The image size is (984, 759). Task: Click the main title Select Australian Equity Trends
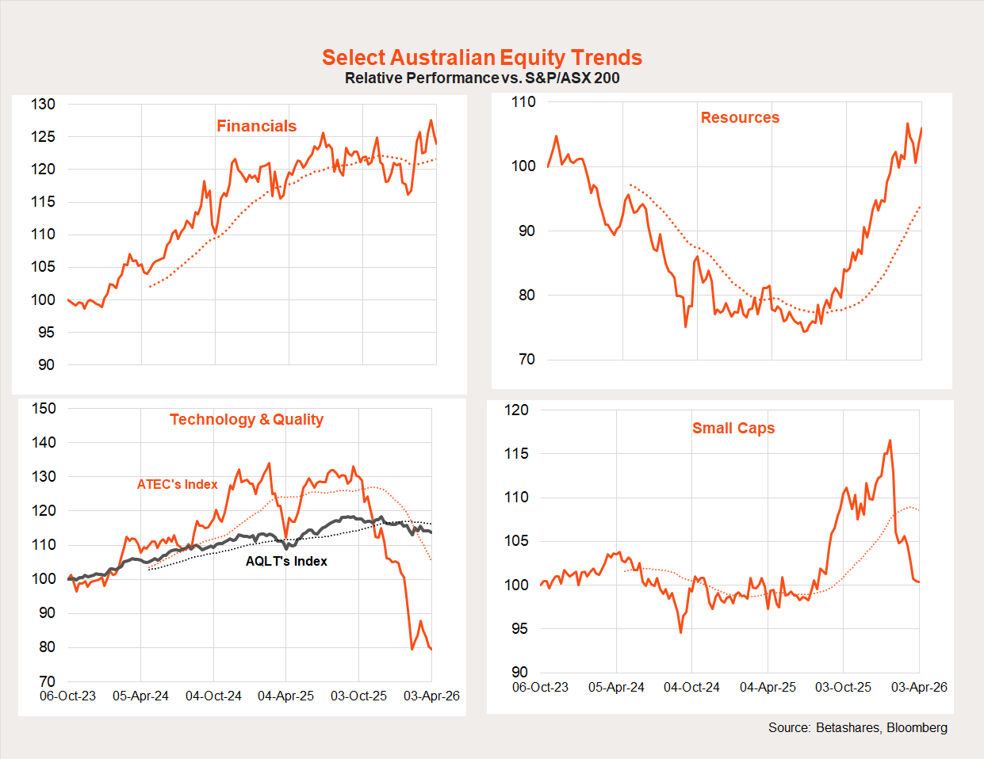(482, 58)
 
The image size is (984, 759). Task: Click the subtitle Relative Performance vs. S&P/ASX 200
(482, 78)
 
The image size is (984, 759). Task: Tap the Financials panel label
(256, 126)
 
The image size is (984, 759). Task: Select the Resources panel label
(740, 117)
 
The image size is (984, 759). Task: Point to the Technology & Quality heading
(247, 419)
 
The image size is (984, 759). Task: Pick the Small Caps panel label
(733, 428)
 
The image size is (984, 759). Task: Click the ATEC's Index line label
(177, 484)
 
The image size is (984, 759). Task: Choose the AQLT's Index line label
(286, 561)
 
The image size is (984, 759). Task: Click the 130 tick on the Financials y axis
(44, 104)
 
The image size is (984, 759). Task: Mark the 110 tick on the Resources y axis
(523, 101)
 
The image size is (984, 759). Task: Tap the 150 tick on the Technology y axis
(44, 408)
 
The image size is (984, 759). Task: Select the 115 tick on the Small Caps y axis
(516, 453)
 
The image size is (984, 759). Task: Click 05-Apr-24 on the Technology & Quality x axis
(140, 696)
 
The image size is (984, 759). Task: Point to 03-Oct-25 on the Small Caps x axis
(843, 687)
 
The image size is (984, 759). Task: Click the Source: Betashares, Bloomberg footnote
(857, 727)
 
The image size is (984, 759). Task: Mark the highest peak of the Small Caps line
(890, 441)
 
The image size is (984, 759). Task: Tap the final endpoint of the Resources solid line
(921, 128)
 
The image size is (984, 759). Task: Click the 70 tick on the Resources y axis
(526, 359)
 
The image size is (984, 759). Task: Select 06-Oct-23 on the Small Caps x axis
(540, 687)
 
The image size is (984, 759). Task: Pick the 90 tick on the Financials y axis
(47, 364)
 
